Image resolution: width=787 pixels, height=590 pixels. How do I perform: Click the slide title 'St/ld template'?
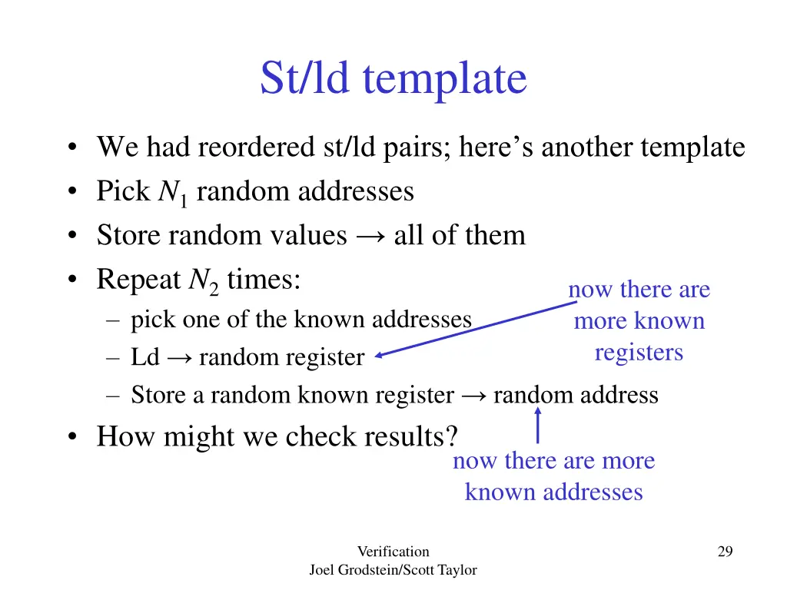(393, 78)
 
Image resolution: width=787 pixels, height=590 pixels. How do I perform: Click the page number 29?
(725, 551)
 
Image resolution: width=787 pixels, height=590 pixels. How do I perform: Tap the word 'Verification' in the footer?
(393, 551)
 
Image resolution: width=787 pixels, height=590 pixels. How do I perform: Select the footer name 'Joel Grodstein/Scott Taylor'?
(393, 570)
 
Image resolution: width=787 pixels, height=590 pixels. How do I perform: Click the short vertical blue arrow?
(537, 426)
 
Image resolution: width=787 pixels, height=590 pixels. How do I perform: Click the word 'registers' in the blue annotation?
(639, 353)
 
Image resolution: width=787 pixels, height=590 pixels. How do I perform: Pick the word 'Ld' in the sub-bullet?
(144, 357)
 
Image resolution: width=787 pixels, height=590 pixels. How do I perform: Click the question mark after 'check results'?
(451, 436)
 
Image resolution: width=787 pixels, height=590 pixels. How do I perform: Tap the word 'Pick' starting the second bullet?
(122, 191)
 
